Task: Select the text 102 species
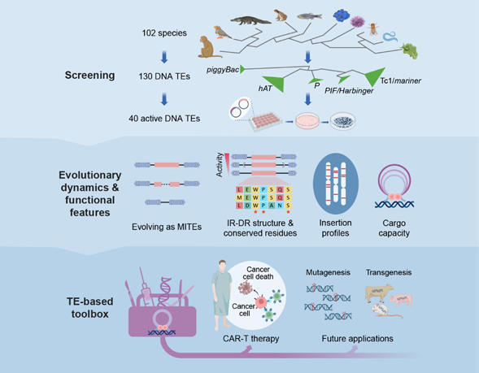[x=163, y=34]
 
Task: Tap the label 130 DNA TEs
[x=165, y=77]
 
